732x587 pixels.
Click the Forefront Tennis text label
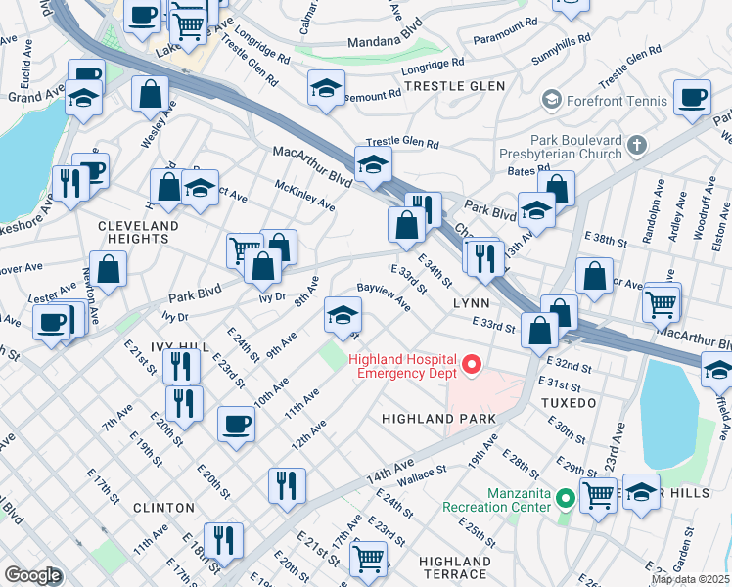[x=616, y=101]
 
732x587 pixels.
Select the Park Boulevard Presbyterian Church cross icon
[x=637, y=146]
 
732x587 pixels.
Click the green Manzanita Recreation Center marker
[x=565, y=499]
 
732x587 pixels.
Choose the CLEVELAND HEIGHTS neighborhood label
[x=138, y=232]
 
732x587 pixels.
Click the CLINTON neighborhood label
[x=161, y=508]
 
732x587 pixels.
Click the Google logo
[x=32, y=574]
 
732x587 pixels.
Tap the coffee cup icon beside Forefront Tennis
[x=692, y=99]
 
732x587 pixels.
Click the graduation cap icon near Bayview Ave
[x=343, y=314]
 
